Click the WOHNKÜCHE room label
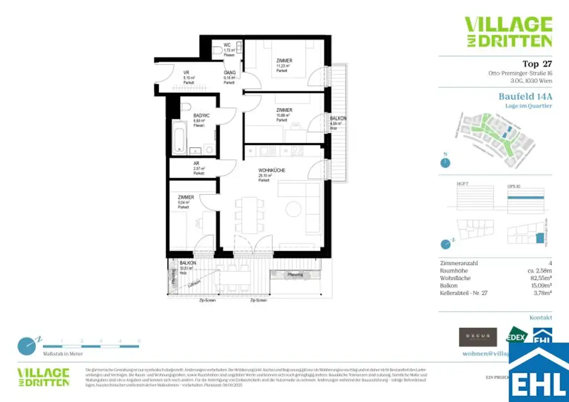pyautogui.click(x=271, y=170)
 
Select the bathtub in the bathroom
pyautogui.click(x=179, y=136)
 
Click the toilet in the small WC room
pyautogui.click(x=217, y=51)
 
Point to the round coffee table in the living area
pyautogui.click(x=295, y=209)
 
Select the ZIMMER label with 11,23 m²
pyautogui.click(x=284, y=61)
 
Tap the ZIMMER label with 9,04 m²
pyautogui.click(x=186, y=197)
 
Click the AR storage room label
pyautogui.click(x=196, y=164)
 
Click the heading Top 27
pyautogui.click(x=537, y=63)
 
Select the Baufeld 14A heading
pyautogui.click(x=525, y=96)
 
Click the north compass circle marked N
pyautogui.click(x=445, y=163)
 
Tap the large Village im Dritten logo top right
pyautogui.click(x=508, y=32)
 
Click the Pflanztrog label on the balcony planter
pyautogui.click(x=295, y=274)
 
